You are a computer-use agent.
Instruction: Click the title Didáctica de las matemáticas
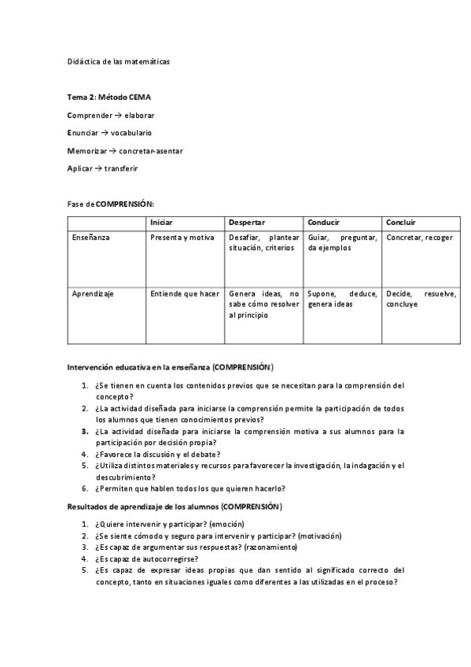point(117,61)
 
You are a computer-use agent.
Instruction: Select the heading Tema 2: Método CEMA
point(109,98)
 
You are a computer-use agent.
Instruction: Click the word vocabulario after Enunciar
point(131,132)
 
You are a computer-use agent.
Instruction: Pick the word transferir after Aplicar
point(127,168)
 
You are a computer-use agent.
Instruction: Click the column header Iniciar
point(161,223)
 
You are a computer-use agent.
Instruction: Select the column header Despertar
point(247,223)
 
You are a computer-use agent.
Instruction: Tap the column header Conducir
point(323,223)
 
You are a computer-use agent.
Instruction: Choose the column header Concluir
point(401,223)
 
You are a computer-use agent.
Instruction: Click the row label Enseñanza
point(90,237)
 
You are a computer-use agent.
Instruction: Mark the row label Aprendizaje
point(93,293)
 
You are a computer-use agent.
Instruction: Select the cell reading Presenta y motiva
point(182,237)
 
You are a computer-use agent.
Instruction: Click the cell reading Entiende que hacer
point(185,293)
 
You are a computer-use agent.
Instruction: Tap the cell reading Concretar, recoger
point(419,237)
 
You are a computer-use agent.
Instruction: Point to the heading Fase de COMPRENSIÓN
point(110,203)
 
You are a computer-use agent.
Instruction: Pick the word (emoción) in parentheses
point(226,524)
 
